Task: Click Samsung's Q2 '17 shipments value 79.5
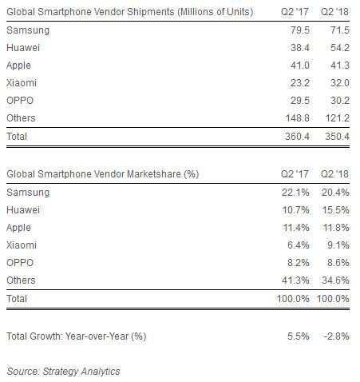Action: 300,30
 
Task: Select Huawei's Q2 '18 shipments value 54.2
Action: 340,48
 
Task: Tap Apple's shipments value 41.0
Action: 300,66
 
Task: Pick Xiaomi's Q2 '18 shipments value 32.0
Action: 340,83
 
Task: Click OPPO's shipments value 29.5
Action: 300,101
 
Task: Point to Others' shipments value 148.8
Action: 297,118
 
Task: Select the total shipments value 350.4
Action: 337,137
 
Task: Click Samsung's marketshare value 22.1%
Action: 295,193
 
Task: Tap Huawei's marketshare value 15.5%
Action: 335,210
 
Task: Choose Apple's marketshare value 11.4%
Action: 296,228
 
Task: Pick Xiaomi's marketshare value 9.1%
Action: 338,245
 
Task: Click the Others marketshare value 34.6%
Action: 335,281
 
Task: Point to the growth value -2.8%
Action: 337,336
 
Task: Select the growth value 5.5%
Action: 299,336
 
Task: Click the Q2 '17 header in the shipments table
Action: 295,12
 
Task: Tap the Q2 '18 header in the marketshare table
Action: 334,174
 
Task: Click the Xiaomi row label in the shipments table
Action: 22,83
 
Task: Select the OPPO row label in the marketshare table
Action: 20,263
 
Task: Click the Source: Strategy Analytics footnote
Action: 63,372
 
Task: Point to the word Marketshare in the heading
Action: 154,174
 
